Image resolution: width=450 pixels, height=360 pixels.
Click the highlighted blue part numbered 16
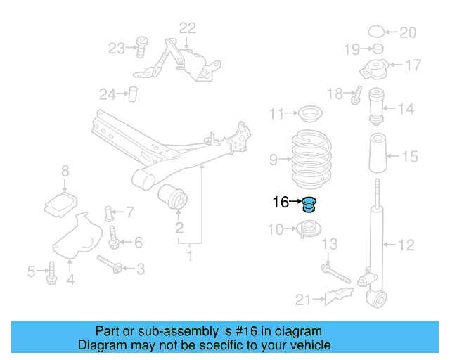tap(309, 205)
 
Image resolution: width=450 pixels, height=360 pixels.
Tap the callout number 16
tap(281, 202)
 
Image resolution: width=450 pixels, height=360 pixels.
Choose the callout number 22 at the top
tap(188, 28)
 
